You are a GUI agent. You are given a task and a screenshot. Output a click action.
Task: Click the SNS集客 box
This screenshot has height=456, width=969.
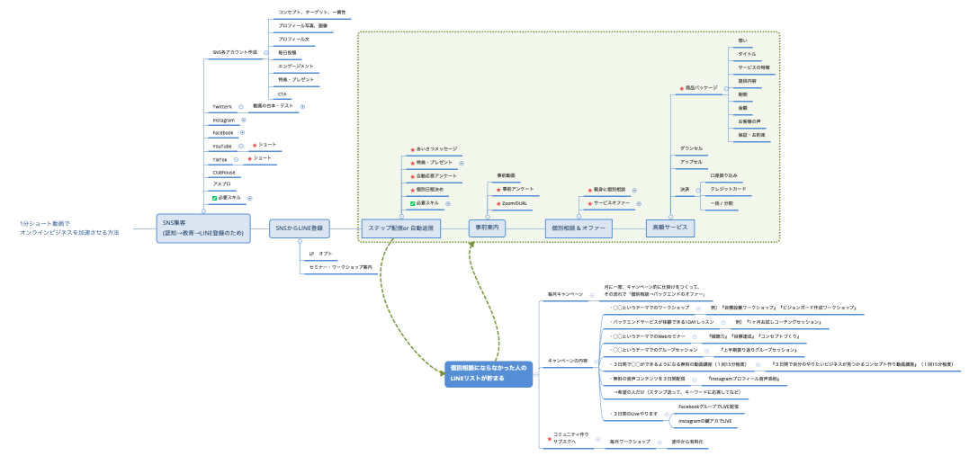[x=202, y=227]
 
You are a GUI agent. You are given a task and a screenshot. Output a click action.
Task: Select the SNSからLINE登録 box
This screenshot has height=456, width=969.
[x=300, y=228]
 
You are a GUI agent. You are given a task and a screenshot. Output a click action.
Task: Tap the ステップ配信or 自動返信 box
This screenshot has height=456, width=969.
[x=402, y=228]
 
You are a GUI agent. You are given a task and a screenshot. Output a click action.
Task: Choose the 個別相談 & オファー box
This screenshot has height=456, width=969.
[x=579, y=228]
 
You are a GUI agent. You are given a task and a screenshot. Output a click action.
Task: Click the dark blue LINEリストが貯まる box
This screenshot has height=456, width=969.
[x=489, y=373]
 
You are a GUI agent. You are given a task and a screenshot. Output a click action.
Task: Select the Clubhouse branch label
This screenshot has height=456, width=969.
[x=224, y=172]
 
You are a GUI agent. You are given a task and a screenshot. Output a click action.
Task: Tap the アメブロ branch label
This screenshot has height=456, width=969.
[x=221, y=184]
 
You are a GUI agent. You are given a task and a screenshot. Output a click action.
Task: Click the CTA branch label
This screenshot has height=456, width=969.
[x=283, y=94]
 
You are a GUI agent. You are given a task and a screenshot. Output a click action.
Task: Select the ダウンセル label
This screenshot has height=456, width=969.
[x=692, y=148]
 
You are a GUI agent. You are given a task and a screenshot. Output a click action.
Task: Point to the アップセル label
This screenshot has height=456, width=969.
[x=691, y=162]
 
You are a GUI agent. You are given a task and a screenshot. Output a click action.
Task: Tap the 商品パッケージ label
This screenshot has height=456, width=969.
[x=702, y=88]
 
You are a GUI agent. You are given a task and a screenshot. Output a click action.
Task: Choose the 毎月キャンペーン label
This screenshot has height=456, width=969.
[x=565, y=294]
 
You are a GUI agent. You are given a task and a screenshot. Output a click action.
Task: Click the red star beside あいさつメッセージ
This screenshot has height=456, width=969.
[x=412, y=149]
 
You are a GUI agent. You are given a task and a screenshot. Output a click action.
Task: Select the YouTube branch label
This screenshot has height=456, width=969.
[x=222, y=146]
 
